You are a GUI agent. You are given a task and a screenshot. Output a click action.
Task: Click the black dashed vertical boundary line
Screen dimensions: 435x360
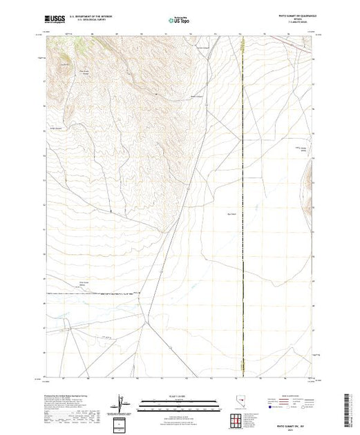(243, 207)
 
